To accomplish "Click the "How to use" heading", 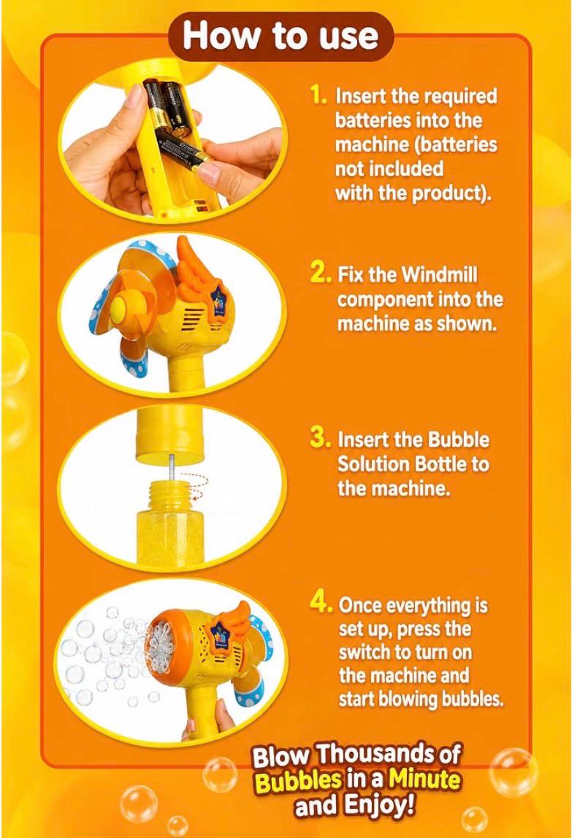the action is (281, 36).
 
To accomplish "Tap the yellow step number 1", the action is (319, 95).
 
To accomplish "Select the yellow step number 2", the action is (321, 273).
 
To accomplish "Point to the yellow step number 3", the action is (321, 438).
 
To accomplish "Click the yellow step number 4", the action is (322, 604).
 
